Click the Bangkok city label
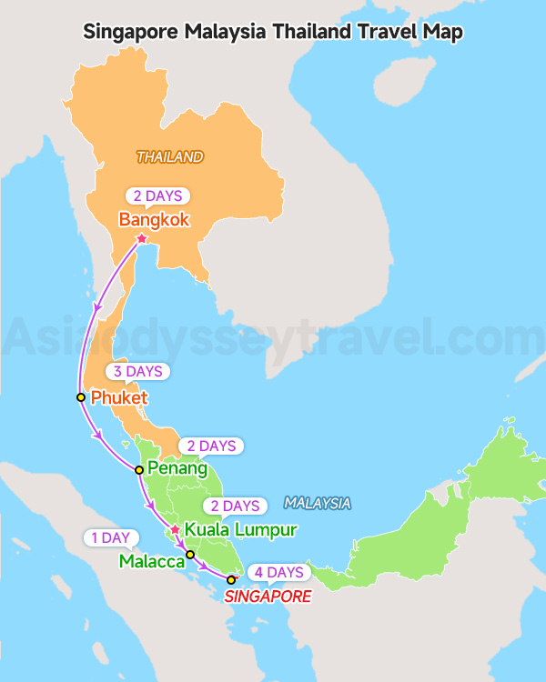pos(154,219)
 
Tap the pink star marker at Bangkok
pos(141,238)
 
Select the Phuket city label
pos(119,397)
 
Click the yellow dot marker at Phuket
pos(81,397)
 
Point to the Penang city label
pos(177,469)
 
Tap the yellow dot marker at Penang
pos(138,470)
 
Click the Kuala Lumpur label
pos(240,528)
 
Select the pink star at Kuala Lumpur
pos(175,529)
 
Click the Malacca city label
pos(152,561)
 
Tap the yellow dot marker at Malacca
pos(190,555)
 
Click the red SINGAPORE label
pos(268,597)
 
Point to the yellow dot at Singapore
pos(231,579)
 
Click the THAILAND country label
pos(170,157)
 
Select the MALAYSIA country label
pos(317,503)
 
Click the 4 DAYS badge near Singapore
pos(278,572)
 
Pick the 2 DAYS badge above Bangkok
pos(157,196)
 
